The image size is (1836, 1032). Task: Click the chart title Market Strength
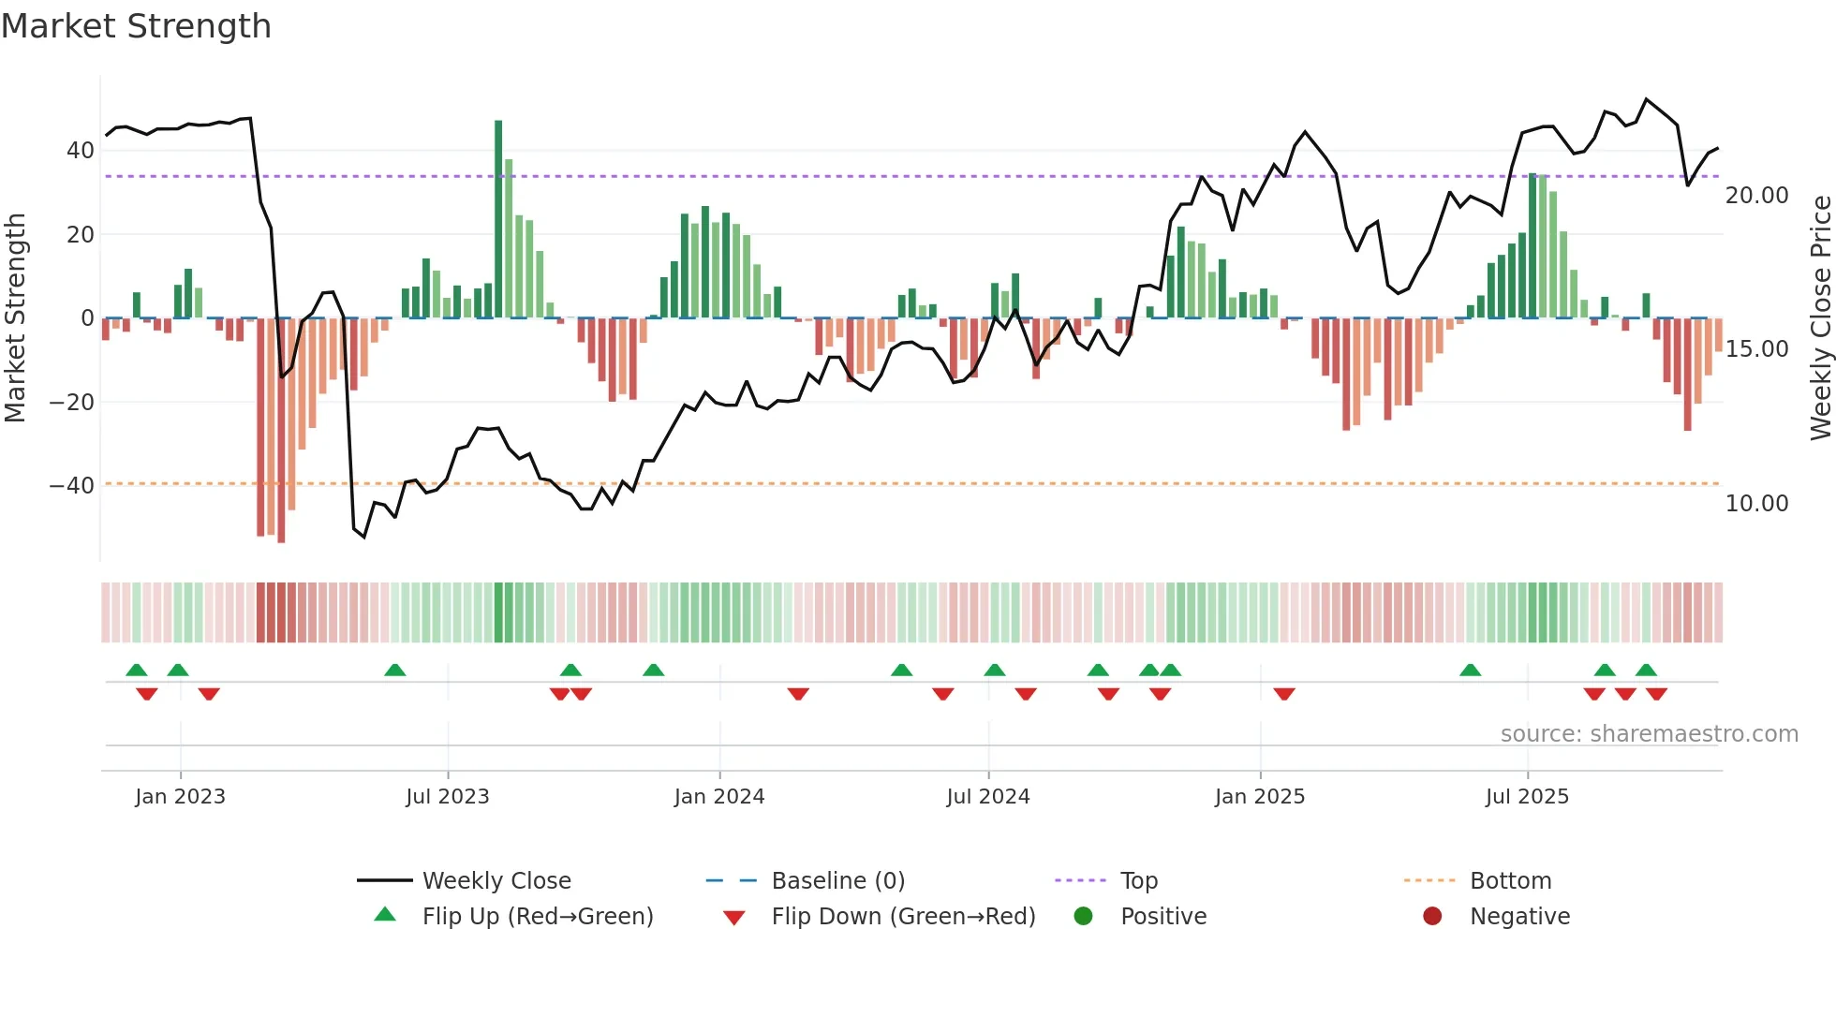(x=136, y=26)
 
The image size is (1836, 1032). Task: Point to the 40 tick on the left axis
(x=81, y=150)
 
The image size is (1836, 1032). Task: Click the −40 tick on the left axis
(x=72, y=485)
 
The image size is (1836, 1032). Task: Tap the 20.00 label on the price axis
(x=1756, y=195)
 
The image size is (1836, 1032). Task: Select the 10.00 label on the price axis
(x=1756, y=503)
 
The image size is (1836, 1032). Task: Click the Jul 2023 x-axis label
(x=447, y=796)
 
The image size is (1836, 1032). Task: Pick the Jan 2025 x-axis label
(x=1259, y=796)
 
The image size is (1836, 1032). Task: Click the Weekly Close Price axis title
(x=1820, y=317)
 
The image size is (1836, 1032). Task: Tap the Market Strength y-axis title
(x=16, y=317)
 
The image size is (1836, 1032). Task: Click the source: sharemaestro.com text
(x=1649, y=733)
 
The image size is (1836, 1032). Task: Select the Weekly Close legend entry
(x=496, y=880)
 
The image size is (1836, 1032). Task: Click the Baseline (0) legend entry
(x=837, y=880)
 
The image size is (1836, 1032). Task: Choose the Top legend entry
(x=1138, y=880)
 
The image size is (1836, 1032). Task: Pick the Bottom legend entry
(x=1510, y=880)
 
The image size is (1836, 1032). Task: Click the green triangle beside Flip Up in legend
(x=385, y=915)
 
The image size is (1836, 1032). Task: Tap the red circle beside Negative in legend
(x=1431, y=916)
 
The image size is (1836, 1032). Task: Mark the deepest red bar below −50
(x=281, y=431)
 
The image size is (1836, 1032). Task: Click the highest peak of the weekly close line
(x=1646, y=99)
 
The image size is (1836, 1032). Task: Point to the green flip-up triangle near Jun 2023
(x=395, y=670)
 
